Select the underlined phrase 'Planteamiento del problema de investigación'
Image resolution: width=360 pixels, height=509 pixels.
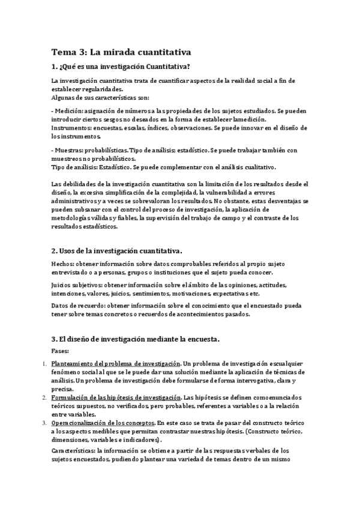point(116,364)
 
